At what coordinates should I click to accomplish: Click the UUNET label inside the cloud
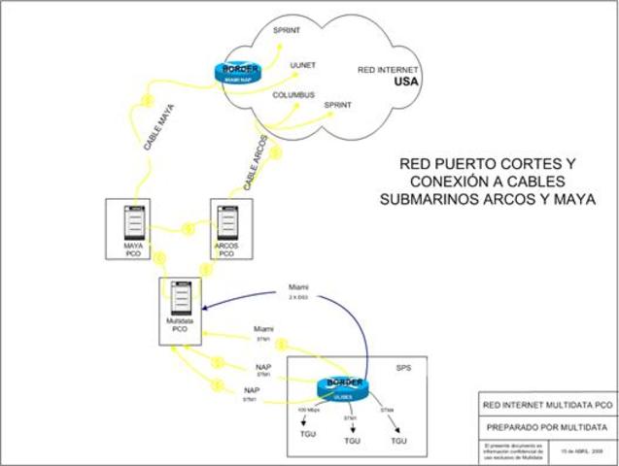(302, 65)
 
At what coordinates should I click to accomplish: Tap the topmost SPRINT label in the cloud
(287, 31)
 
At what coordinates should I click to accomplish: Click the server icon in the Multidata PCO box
(181, 302)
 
